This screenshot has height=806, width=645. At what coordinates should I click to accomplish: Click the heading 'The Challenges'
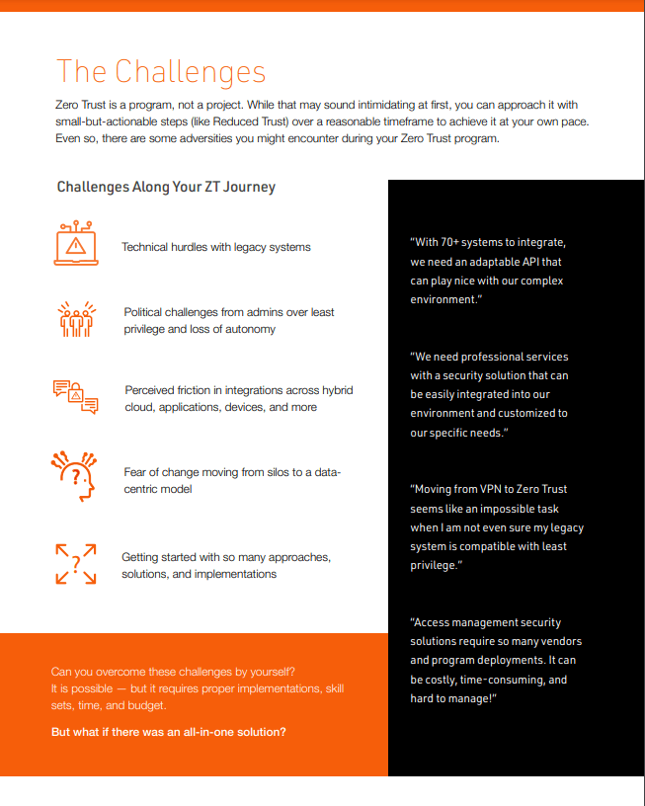point(161,72)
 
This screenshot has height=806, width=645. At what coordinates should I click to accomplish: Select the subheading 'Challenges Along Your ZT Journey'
point(166,187)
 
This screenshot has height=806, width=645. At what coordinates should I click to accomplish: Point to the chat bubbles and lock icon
point(76,396)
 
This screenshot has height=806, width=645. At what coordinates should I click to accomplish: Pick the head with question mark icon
point(76,474)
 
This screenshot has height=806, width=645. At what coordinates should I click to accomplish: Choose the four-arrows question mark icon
point(76,564)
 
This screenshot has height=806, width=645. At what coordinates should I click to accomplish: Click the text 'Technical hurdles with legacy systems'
point(215,247)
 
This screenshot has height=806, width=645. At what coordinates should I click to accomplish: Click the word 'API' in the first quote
point(527,262)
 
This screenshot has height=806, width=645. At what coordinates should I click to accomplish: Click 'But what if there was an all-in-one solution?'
point(169,732)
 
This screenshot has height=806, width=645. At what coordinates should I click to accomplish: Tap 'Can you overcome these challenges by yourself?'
point(173,673)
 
